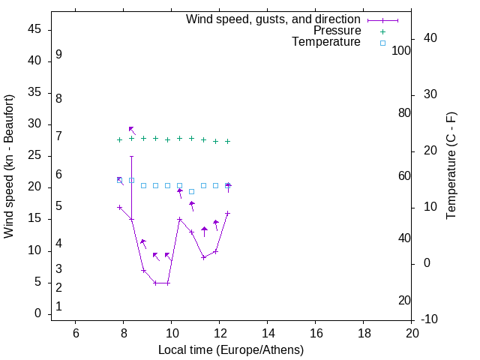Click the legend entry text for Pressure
(x=337, y=31)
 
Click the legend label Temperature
(x=326, y=43)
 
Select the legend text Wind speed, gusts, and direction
(x=274, y=19)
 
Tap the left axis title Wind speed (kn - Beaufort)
(x=9, y=166)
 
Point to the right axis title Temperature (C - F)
(x=451, y=166)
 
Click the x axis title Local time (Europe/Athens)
(x=231, y=349)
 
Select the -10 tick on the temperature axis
(x=432, y=320)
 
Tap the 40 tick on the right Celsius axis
(x=430, y=38)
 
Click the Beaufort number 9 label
(x=58, y=55)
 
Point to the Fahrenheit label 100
(x=402, y=51)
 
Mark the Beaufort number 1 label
(x=58, y=307)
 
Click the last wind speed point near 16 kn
(x=227, y=214)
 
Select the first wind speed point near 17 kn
(x=119, y=207)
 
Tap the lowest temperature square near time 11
(x=191, y=191)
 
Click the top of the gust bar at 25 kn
(x=131, y=157)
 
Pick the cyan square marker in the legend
(x=382, y=43)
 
